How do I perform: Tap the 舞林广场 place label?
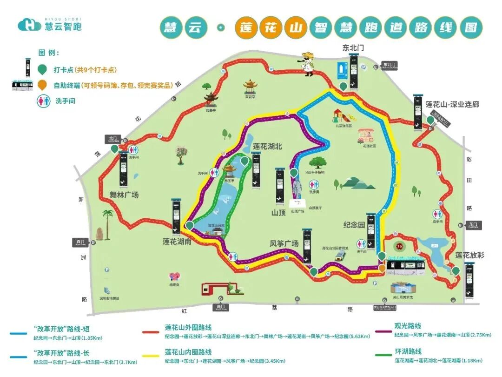(124, 195)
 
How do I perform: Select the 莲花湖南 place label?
(177, 242)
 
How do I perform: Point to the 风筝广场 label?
(284, 243)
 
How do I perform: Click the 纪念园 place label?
(354, 224)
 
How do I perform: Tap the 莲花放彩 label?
(469, 255)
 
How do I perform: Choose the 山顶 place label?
(280, 213)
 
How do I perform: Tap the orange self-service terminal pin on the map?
(382, 268)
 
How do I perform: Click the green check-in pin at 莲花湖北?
(244, 161)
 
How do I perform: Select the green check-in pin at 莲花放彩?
(456, 270)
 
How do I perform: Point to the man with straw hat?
(308, 63)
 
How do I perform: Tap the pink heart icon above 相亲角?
(175, 276)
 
